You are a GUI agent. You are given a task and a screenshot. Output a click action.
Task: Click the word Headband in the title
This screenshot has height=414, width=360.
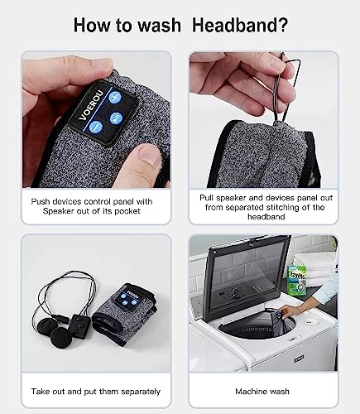241,24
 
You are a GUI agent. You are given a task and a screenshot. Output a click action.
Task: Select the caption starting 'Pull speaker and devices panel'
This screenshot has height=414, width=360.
262,205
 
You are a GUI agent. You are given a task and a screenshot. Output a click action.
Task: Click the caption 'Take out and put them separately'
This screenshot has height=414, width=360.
97,391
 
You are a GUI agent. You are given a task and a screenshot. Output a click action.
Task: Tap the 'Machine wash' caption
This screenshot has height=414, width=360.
262,391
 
